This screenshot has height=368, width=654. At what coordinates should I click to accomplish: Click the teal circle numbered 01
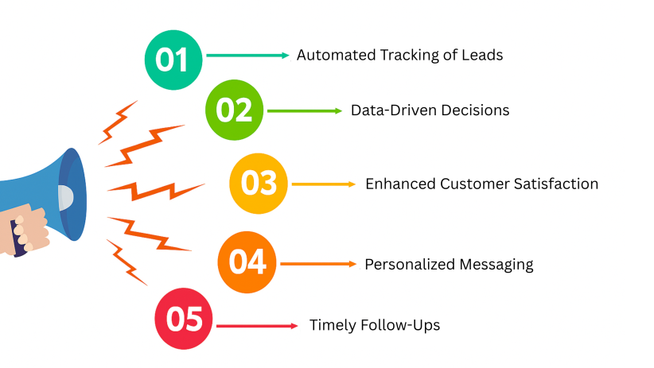(x=173, y=60)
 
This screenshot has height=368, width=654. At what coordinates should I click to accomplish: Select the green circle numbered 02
(x=235, y=110)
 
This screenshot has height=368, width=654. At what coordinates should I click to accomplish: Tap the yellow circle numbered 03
(x=259, y=184)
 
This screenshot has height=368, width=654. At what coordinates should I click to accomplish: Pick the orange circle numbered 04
(x=247, y=262)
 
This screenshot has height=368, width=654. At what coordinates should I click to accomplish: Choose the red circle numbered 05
(x=184, y=319)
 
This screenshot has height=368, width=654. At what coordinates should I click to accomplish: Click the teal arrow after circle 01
(x=247, y=56)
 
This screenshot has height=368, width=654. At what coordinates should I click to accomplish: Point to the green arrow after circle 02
(x=305, y=110)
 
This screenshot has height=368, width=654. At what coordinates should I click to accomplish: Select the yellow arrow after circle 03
(x=324, y=184)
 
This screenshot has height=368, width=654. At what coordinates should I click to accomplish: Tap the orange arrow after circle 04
(x=319, y=264)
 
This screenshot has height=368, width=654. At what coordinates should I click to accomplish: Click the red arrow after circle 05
(x=257, y=326)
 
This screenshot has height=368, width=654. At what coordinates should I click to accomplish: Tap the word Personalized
(x=410, y=264)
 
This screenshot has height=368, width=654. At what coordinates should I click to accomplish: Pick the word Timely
(x=333, y=326)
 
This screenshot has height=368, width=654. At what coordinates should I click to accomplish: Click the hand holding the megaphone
(x=24, y=230)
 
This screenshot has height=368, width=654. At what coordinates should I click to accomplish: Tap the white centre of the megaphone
(x=65, y=198)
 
